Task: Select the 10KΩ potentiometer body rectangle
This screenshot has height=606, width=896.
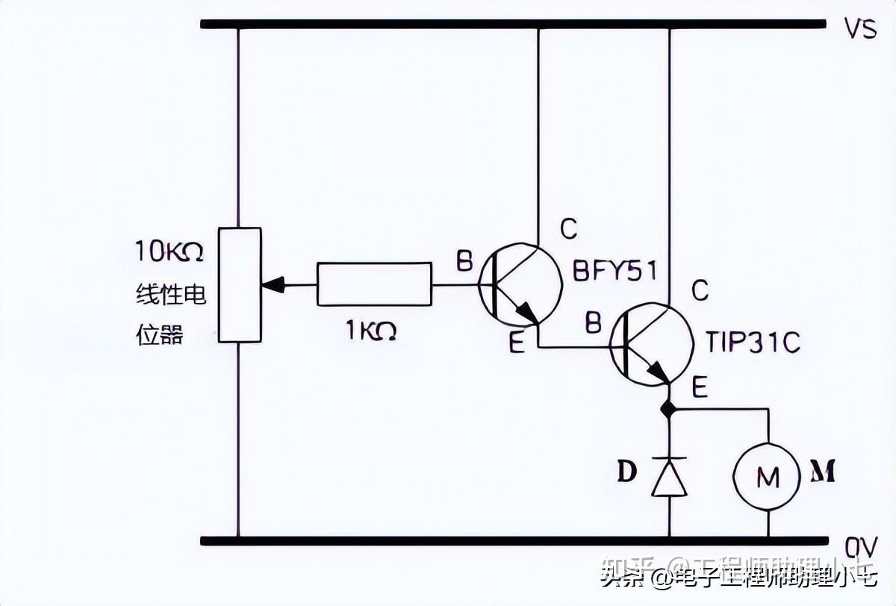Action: pos(239,285)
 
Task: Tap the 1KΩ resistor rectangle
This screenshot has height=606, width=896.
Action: pos(374,284)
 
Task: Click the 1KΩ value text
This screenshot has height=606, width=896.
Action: pos(371,331)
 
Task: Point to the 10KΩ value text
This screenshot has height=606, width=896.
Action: pos(168,252)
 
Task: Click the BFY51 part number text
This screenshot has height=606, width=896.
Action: pos(615,270)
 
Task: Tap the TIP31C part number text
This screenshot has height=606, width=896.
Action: pos(753,343)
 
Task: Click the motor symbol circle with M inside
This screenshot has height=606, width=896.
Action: pos(768,477)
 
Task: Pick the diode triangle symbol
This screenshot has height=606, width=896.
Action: pos(668,478)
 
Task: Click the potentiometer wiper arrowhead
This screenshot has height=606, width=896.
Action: pos(273,285)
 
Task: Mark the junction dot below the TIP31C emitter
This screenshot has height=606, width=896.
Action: pos(668,409)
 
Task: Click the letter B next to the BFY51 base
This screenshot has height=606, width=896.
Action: pos(464,261)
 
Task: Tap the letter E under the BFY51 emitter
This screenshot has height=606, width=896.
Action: pos(517,344)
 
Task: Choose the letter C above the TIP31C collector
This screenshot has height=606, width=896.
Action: pos(700,290)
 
